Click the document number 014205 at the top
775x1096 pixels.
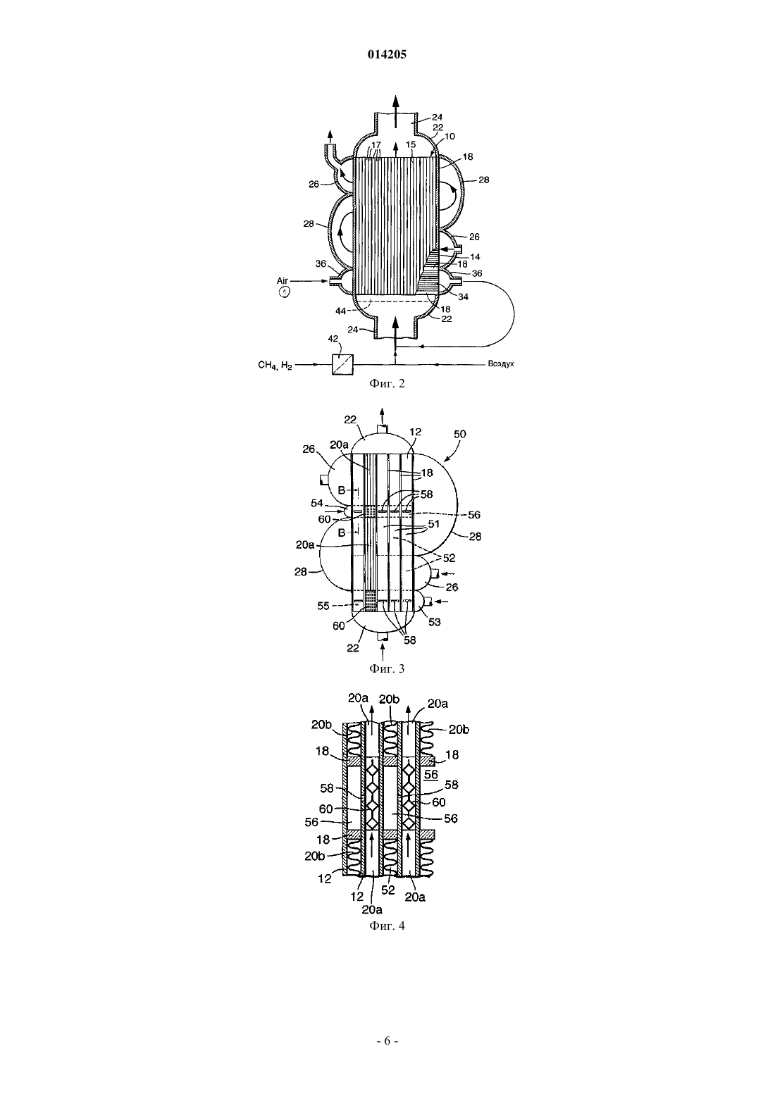387,54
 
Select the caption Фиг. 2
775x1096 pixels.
387,383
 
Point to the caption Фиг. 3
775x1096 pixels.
387,668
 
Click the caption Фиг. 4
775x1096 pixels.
387,926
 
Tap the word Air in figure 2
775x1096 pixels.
283,281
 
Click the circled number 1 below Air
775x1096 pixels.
284,292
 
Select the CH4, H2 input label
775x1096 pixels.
275,365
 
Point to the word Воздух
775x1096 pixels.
500,364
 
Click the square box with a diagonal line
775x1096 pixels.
342,365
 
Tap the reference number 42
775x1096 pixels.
333,339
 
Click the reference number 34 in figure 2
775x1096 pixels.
463,297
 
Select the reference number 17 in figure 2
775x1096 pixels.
376,145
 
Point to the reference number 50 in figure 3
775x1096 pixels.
460,434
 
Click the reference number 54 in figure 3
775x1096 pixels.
317,503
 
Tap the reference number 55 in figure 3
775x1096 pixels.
323,606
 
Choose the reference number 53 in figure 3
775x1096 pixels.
435,622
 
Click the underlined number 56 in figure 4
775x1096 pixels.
431,775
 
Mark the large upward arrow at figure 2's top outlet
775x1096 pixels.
396,111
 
